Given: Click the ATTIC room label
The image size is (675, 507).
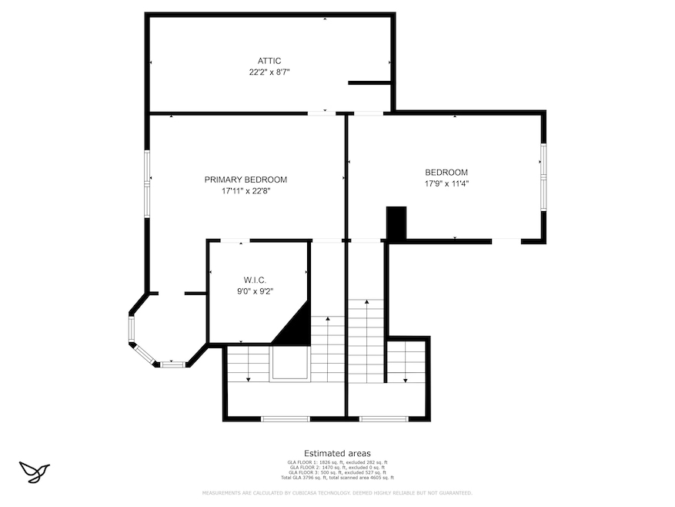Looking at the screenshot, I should pos(269,61).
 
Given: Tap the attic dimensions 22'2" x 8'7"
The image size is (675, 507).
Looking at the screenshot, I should pos(269,72).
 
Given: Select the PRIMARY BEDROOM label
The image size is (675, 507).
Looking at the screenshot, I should pos(246,180).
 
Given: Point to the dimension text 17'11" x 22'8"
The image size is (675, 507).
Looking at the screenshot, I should pos(246,190).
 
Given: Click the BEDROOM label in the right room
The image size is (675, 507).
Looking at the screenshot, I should pos(446,173).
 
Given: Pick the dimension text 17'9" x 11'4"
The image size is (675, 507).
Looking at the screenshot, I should pos(446,183).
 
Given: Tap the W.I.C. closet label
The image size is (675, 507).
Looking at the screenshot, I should pos(255,280).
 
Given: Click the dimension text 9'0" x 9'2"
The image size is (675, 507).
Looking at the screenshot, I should pos(255,291).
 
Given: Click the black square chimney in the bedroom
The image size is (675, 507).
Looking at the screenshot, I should pos(396,223).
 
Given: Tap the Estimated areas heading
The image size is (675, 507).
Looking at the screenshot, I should pos(337,453).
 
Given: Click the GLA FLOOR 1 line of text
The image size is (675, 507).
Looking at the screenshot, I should pos(337,462).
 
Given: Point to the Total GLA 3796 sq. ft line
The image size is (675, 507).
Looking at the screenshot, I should pos(337,478).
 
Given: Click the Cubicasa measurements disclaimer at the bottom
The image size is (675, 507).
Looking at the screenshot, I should pos(337,492).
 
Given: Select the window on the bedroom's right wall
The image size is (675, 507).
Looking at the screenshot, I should pos(543,177).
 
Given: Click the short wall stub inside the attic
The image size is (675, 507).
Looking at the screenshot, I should pos(369,82).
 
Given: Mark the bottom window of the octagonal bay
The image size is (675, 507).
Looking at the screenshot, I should pos(172,364).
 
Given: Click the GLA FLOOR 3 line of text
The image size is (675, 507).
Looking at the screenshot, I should pos(337,472).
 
